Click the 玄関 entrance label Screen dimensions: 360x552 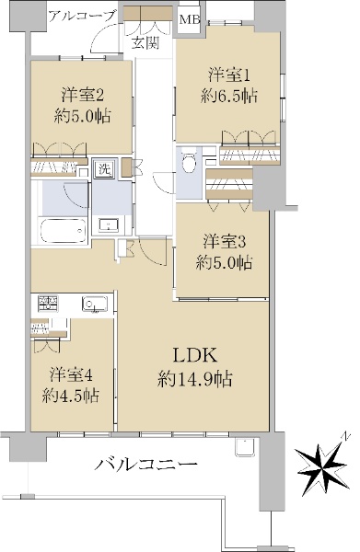[145, 42]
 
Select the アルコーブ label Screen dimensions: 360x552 [83, 16]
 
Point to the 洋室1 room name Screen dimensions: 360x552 [229, 75]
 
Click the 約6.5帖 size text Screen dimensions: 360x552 [229, 96]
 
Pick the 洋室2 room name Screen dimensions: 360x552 [83, 95]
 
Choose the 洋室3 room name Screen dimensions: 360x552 [224, 242]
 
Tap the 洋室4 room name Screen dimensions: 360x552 [71, 375]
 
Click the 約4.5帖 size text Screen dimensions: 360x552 [71, 396]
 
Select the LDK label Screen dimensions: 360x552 [195, 355]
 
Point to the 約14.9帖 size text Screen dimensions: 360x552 [195, 379]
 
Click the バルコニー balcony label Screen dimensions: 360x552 [145, 465]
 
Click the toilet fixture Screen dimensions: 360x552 [191, 160]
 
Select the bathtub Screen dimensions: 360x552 [63, 231]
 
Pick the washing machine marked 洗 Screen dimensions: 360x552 [104, 170]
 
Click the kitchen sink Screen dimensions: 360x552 [95, 305]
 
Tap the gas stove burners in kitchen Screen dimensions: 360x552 [48, 303]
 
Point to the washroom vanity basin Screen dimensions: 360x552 [109, 225]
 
